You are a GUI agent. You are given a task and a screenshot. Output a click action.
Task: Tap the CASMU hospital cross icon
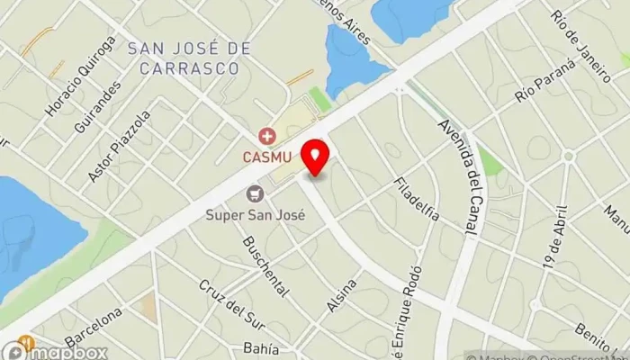[x=266, y=137]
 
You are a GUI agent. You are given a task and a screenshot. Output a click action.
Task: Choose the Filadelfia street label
[x=417, y=199]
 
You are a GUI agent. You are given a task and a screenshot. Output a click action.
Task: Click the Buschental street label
[x=265, y=266]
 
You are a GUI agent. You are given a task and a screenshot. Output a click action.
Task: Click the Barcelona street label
[x=93, y=327]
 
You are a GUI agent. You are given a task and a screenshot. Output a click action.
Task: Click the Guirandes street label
[x=97, y=107]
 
